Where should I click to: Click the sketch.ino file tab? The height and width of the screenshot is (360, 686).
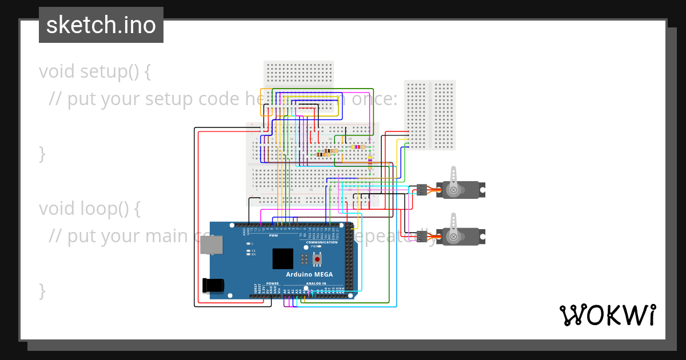(x=101, y=25)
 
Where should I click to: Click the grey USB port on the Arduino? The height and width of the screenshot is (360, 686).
(x=212, y=245)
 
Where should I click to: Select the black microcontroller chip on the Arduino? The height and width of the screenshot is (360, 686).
(x=282, y=258)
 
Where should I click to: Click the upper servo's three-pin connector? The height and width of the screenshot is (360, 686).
(x=422, y=190)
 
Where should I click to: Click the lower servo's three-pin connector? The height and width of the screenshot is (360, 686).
(x=422, y=236)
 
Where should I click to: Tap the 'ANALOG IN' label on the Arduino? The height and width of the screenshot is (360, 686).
(x=316, y=283)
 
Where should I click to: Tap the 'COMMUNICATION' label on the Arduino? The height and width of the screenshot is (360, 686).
(x=322, y=242)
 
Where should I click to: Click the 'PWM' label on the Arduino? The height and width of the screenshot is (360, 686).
(x=274, y=235)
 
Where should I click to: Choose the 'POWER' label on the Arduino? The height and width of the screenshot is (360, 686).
(x=273, y=283)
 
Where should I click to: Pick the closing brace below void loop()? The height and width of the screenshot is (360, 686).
(x=42, y=290)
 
